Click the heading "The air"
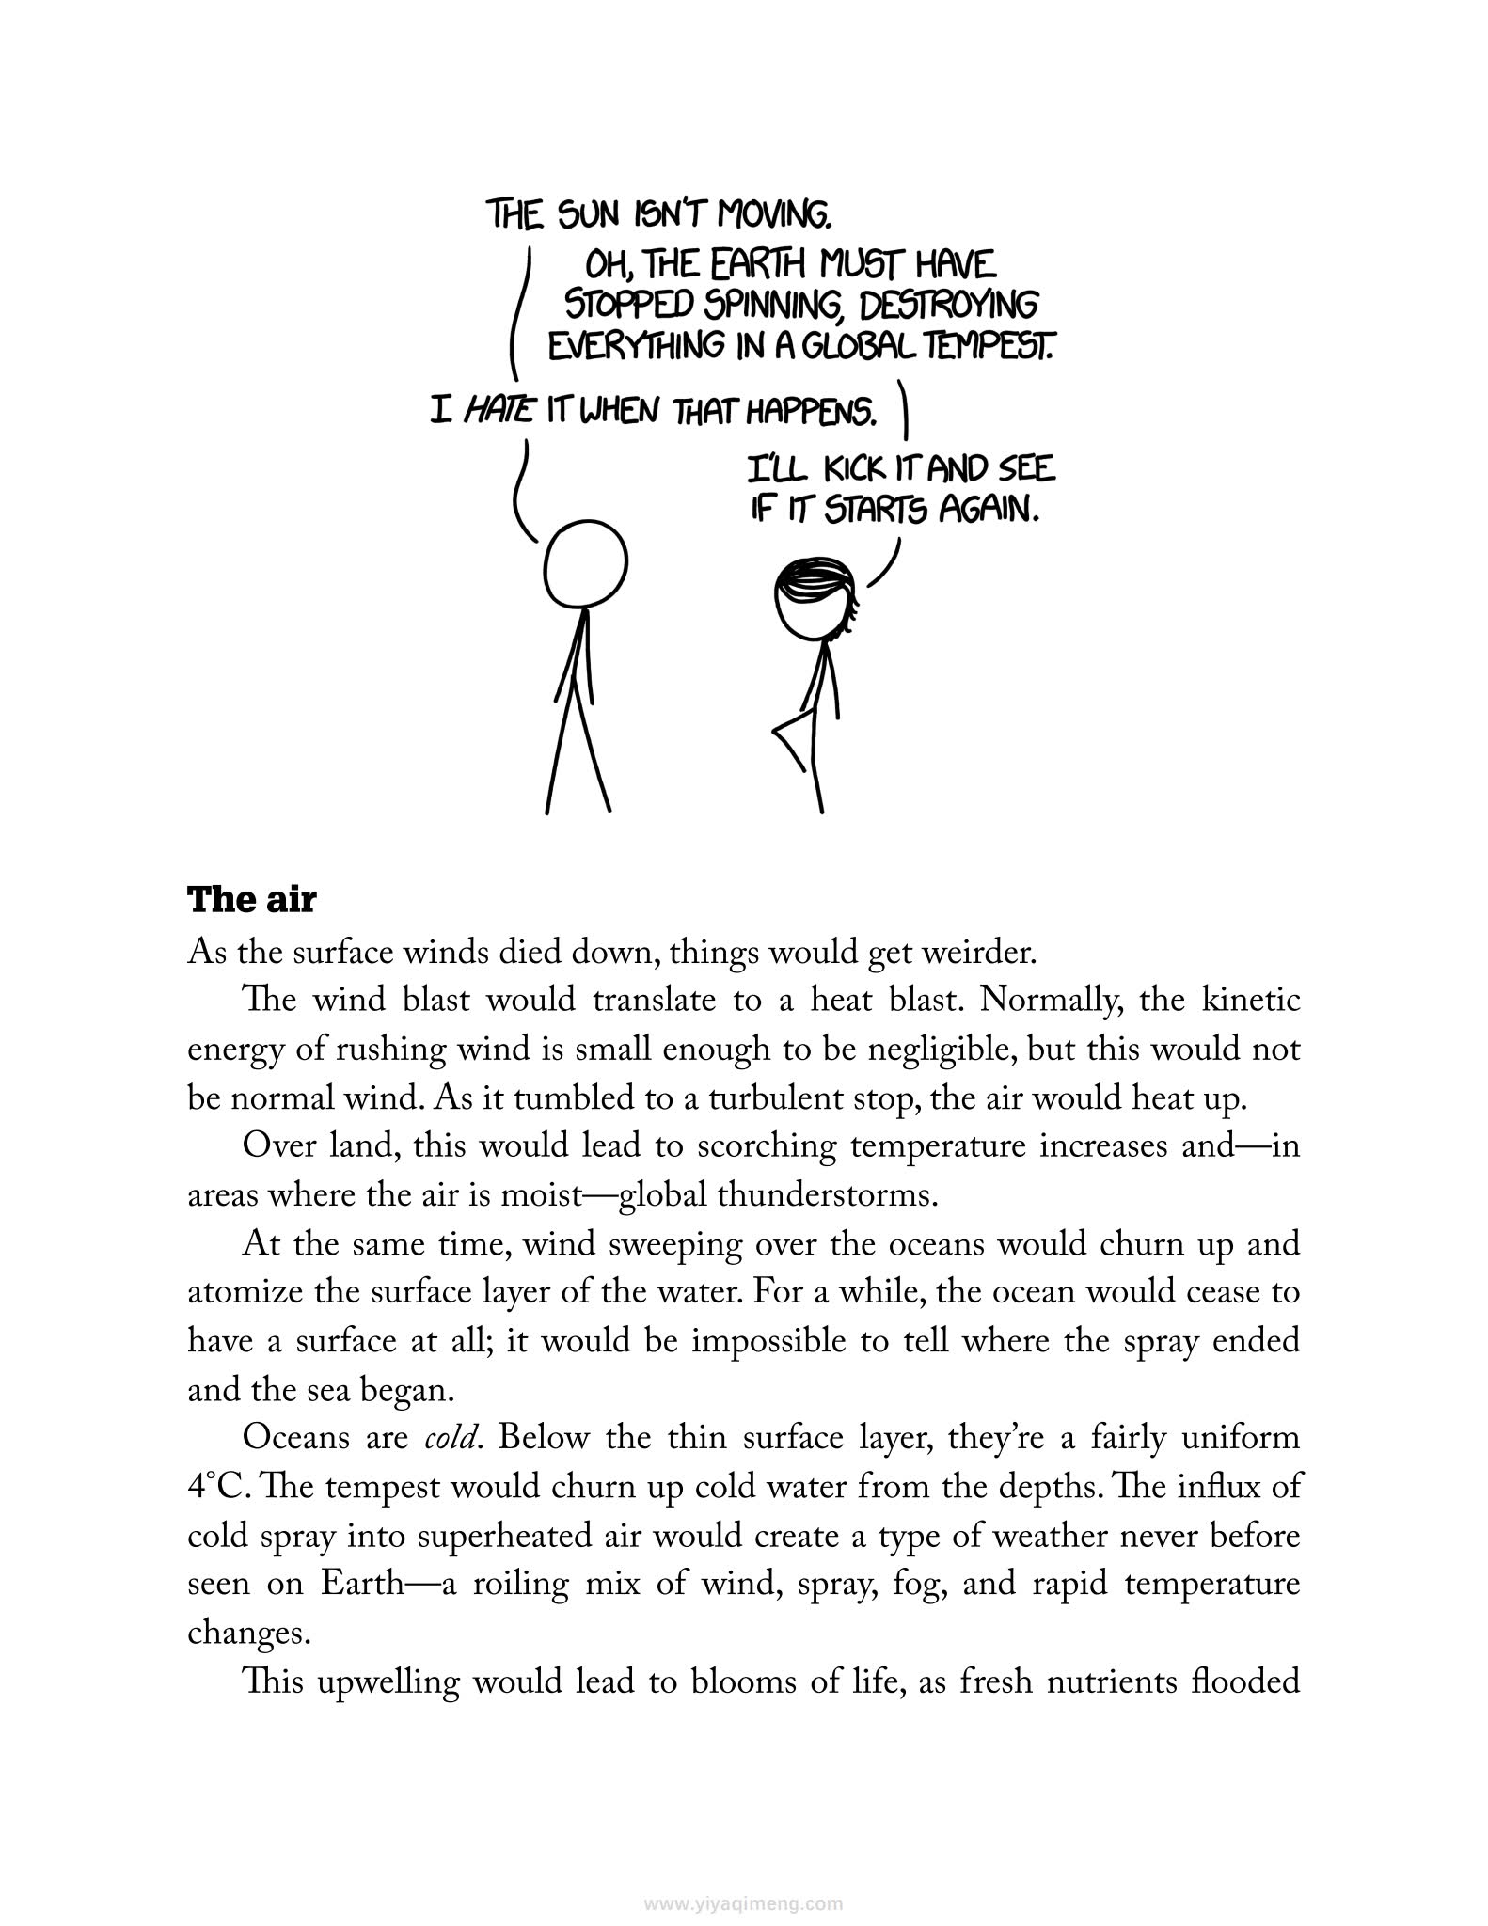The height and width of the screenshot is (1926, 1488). pos(252,900)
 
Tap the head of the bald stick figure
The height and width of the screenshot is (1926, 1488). pos(586,565)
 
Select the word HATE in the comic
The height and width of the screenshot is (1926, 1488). pos(499,410)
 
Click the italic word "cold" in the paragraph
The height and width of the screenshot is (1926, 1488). pos(446,1440)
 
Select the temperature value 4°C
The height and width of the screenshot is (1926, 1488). pos(214,1489)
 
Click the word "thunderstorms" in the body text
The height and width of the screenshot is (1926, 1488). pos(827,1195)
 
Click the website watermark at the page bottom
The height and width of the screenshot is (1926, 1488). pos(744,1877)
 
